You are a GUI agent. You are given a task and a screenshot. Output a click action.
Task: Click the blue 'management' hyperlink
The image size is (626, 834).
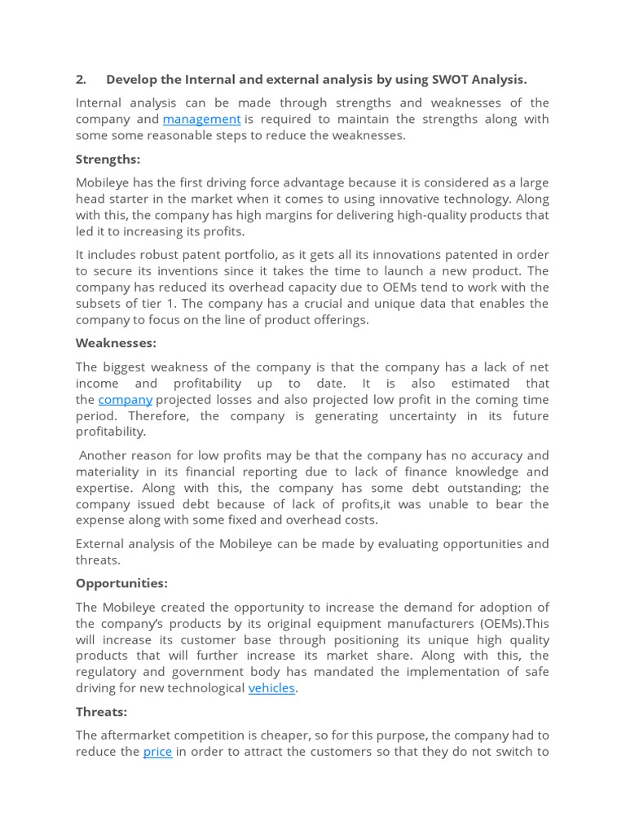201,119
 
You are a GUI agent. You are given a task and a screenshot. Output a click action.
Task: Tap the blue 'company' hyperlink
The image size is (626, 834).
126,399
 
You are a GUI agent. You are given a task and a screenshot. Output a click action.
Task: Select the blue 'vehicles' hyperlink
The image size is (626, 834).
271,687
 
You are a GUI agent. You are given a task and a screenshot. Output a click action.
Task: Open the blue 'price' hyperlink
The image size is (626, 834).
157,751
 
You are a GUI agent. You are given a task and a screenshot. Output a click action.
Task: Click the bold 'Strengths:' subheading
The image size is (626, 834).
108,159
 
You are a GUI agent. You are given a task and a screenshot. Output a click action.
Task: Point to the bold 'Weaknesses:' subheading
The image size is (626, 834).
116,343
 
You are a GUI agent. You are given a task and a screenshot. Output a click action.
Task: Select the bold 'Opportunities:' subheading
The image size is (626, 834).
121,583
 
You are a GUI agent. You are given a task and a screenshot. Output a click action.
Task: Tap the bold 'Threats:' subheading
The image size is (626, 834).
101,711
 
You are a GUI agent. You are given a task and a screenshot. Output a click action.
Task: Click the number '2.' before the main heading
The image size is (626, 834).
81,79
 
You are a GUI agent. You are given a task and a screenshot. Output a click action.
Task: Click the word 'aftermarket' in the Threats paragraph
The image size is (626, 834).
138,735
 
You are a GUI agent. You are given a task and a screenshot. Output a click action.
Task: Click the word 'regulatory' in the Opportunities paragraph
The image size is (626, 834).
106,671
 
